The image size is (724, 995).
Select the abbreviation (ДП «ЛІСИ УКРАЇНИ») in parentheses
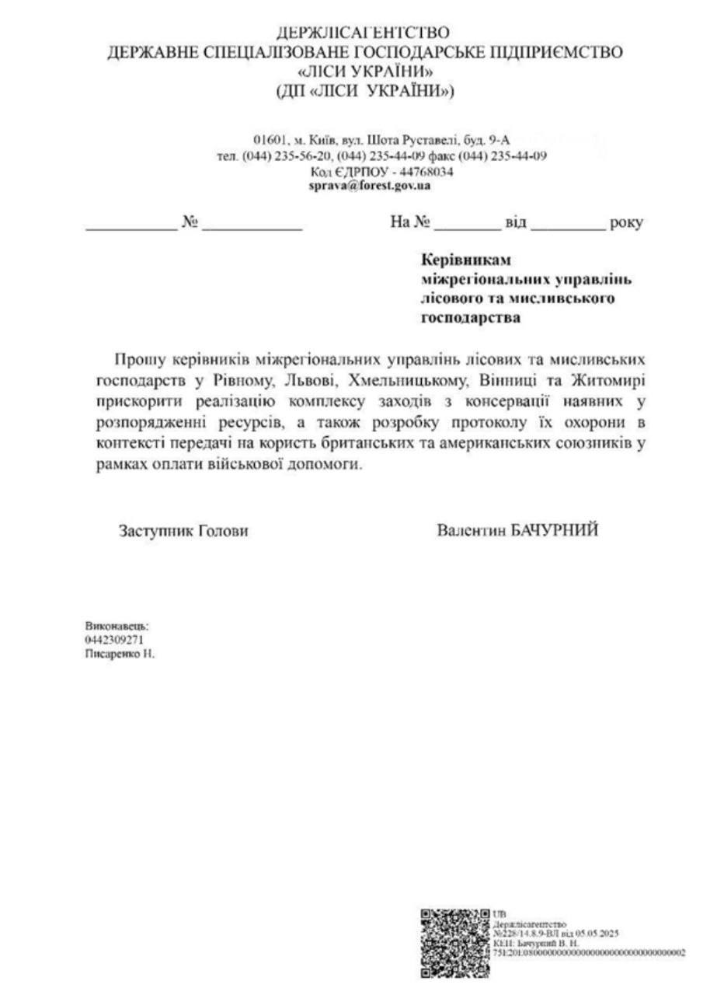tap(365, 93)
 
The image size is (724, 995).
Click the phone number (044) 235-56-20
tap(287, 155)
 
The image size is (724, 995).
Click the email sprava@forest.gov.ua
tap(370, 186)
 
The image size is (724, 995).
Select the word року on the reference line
tap(627, 223)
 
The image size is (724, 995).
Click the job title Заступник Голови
tap(183, 531)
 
